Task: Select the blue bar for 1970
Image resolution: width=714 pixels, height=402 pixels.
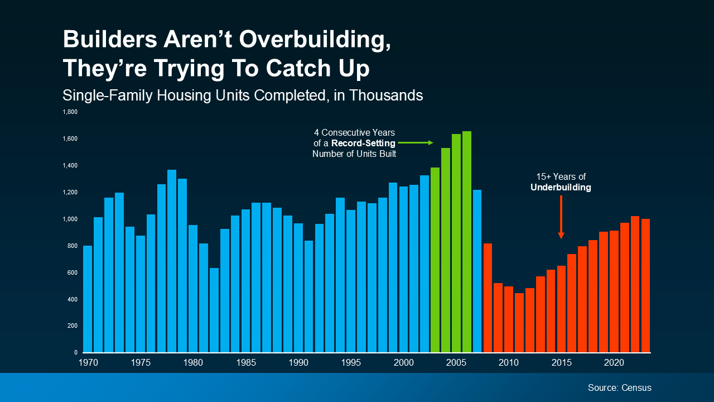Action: pos(88,299)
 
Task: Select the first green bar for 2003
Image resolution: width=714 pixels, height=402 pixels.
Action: pos(435,260)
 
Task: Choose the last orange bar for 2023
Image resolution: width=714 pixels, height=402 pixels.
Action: pos(646,285)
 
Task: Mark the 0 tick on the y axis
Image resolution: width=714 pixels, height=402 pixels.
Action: pos(75,353)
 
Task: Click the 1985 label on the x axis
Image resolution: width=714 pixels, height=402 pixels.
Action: pos(246,363)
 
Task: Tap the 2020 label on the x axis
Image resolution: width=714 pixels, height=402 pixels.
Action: pos(614,363)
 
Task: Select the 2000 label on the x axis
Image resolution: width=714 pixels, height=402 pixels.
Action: pos(404,363)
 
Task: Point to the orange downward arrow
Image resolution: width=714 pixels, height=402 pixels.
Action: pos(561,217)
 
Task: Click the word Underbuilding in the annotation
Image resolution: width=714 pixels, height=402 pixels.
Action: pos(561,188)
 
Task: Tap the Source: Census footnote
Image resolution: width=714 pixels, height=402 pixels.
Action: pos(619,387)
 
